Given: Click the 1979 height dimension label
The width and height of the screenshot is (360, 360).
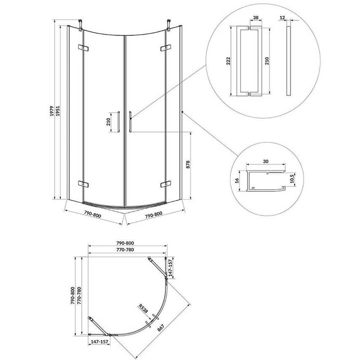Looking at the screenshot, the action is point(52,111).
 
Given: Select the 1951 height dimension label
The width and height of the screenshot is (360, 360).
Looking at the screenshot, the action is point(58,111).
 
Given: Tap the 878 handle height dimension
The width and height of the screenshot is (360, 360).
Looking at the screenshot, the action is point(188,165).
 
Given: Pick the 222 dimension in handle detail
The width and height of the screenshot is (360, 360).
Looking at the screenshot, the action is point(228,61).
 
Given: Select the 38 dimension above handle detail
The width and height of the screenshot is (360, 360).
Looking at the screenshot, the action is point(256,18).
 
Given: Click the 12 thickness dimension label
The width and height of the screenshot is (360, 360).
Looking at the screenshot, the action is point(282,18).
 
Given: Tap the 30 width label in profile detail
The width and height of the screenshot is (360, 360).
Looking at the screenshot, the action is point(266,161).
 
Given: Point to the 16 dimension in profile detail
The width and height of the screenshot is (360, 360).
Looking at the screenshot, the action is point(237,180).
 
